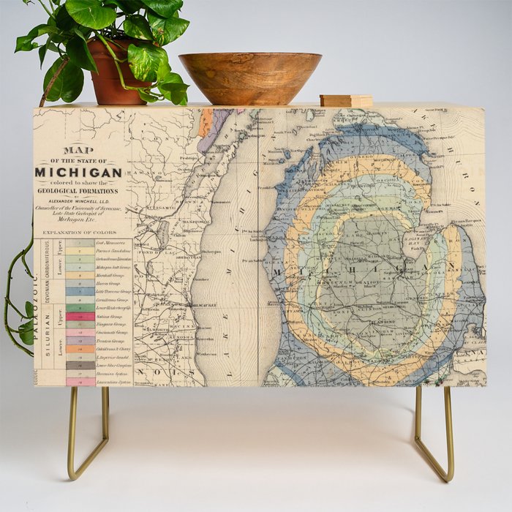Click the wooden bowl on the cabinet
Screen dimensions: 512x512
pyautogui.click(x=249, y=76)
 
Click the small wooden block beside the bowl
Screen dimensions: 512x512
pyautogui.click(x=345, y=100)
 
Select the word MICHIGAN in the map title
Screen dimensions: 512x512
pyautogui.click(x=79, y=173)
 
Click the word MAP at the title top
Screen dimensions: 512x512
pyautogui.click(x=78, y=150)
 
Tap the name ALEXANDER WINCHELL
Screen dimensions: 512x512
pyautogui.click(x=78, y=206)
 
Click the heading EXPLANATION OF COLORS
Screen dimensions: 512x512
pyautogui.click(x=78, y=233)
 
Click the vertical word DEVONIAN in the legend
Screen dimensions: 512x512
pyautogui.click(x=48, y=286)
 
